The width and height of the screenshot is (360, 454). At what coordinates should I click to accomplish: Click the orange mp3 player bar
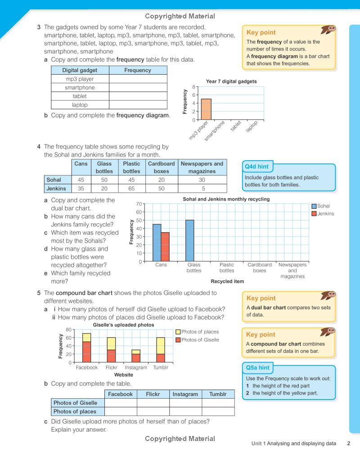point(206,109)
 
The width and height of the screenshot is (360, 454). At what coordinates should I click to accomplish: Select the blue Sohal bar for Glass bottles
point(190,241)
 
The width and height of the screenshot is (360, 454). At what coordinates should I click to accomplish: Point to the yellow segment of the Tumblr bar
point(160,346)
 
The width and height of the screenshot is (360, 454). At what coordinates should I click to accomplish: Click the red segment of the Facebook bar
point(86,352)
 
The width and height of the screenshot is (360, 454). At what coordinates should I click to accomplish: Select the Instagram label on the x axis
point(136,368)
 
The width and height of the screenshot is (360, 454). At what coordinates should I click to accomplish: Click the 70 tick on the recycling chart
point(139,204)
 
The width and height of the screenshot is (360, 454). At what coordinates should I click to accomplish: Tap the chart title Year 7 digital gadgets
point(231,81)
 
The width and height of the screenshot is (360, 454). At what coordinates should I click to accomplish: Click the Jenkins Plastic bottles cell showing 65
point(131,189)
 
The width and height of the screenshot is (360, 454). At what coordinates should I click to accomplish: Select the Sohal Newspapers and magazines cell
point(202,180)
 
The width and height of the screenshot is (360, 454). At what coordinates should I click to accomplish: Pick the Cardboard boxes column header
point(161,167)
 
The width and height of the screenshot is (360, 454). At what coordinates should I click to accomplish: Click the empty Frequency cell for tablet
point(138,96)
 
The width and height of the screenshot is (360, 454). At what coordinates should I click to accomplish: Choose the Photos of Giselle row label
point(75,403)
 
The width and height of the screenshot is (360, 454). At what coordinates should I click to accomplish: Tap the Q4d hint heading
point(256,166)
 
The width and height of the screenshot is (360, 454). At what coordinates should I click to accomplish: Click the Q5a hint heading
point(257,368)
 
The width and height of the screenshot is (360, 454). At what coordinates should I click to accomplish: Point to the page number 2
point(348,443)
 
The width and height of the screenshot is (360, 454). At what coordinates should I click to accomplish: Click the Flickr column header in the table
point(153,394)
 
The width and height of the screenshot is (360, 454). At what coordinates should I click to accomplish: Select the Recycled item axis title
point(227,282)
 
